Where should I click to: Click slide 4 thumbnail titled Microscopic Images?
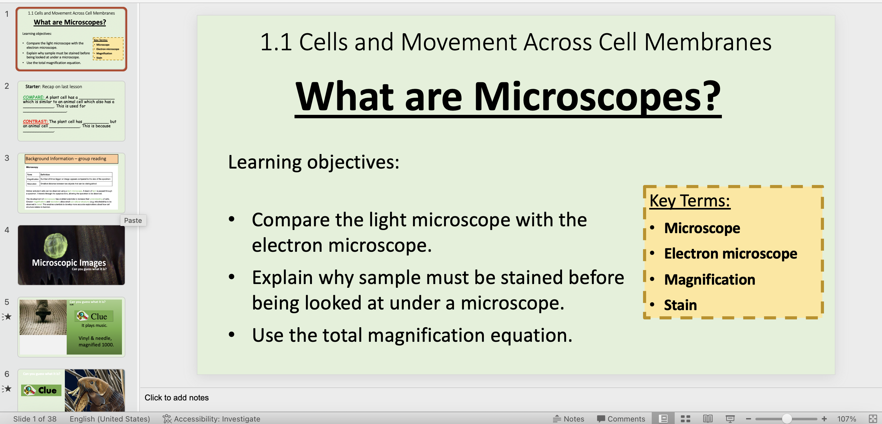point(71,255)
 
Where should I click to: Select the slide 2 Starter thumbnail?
point(71,111)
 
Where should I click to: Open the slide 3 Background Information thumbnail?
point(71,183)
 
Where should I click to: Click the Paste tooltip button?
point(133,221)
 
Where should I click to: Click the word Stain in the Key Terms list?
point(680,305)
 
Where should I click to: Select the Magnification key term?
point(709,279)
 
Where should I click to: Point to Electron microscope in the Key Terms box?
point(730,254)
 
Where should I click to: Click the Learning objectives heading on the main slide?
point(313,162)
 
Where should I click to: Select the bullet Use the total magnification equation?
point(412,335)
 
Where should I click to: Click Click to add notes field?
point(176,398)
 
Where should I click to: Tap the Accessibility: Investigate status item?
point(211,418)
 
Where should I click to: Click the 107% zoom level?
point(846,418)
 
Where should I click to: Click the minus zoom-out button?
point(749,418)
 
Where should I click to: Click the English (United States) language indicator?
point(110,418)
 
